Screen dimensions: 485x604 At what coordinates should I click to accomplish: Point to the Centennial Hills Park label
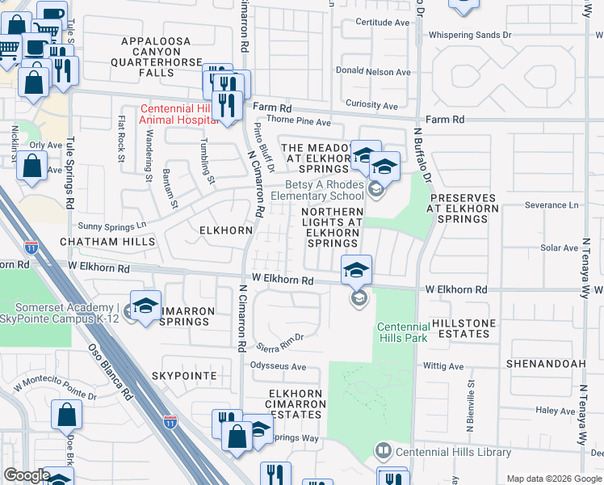(401, 331)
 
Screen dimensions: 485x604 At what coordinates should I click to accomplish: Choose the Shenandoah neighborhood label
(545, 365)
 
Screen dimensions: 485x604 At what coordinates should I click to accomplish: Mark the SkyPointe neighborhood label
(183, 377)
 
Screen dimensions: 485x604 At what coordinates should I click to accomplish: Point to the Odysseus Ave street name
(275, 367)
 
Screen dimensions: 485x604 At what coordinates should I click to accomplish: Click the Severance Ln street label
(552, 205)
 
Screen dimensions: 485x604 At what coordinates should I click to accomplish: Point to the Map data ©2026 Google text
(553, 479)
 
